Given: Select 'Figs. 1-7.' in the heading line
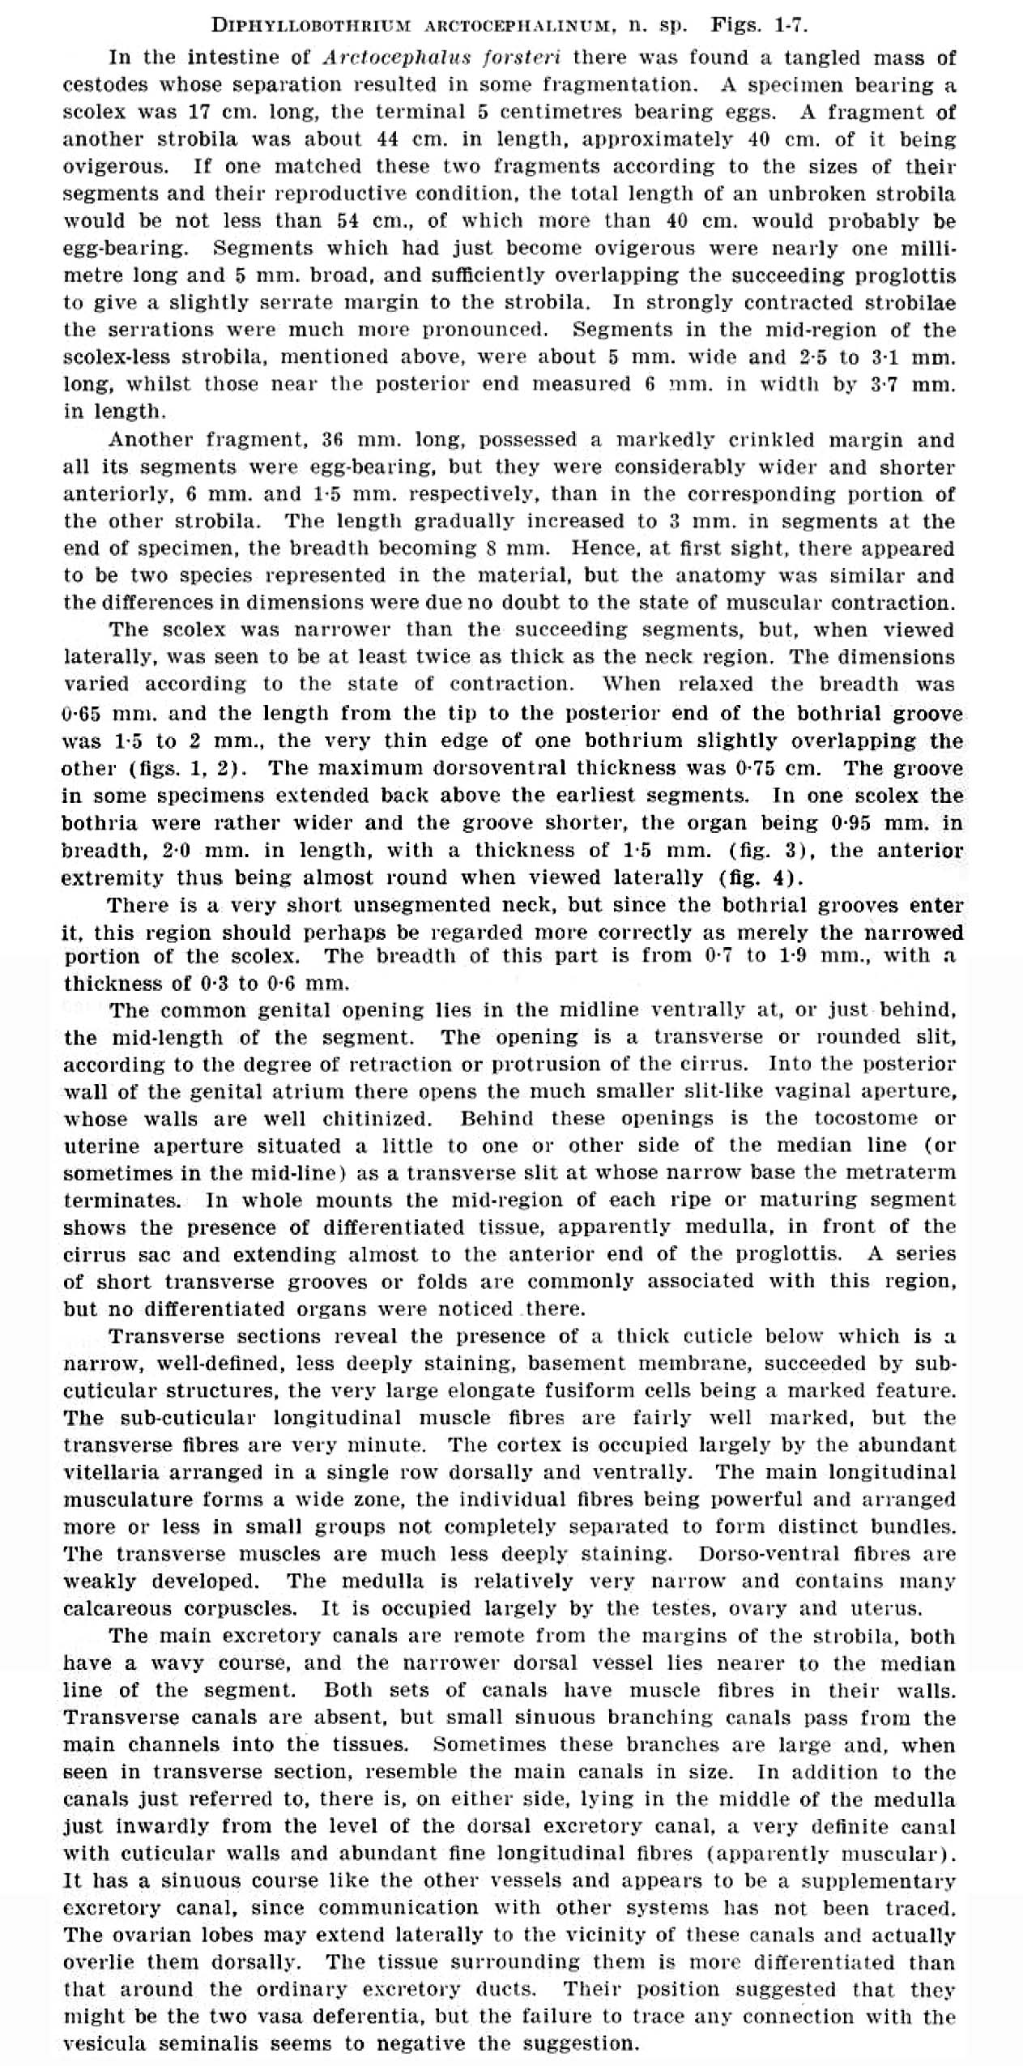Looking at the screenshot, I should point(759,25).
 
